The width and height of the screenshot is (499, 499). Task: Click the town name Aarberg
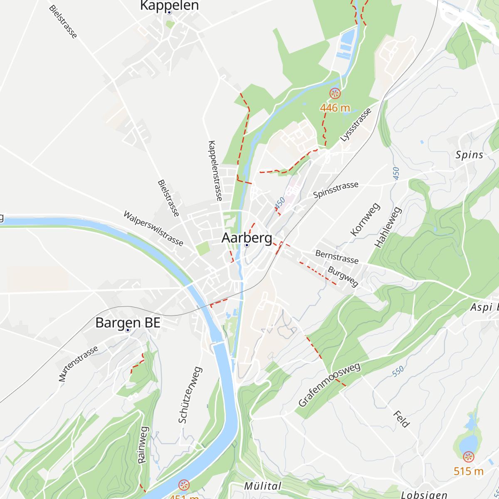click(x=247, y=238)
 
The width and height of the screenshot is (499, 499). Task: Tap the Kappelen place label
click(x=169, y=5)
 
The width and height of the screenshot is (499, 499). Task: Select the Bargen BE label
click(x=128, y=323)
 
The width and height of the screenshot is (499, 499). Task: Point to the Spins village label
click(x=469, y=155)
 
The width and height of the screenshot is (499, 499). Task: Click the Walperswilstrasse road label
click(x=153, y=228)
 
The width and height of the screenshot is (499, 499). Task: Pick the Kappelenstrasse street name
click(x=215, y=170)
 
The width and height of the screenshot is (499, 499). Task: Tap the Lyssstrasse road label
click(x=356, y=125)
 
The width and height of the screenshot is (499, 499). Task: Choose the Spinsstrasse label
click(x=336, y=190)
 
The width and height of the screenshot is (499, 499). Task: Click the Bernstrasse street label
click(x=337, y=257)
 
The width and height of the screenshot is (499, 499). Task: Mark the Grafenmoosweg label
click(x=329, y=385)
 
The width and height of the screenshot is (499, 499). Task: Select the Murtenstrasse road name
click(x=78, y=364)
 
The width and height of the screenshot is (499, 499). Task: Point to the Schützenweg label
click(x=190, y=395)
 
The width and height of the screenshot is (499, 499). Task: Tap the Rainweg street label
click(x=143, y=445)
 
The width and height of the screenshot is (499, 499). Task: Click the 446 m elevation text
click(x=335, y=108)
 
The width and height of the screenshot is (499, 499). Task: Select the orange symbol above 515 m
click(x=468, y=457)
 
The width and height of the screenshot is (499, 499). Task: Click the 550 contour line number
click(x=398, y=371)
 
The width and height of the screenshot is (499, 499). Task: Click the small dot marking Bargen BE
click(x=128, y=330)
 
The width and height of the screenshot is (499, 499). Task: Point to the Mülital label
click(x=262, y=486)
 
